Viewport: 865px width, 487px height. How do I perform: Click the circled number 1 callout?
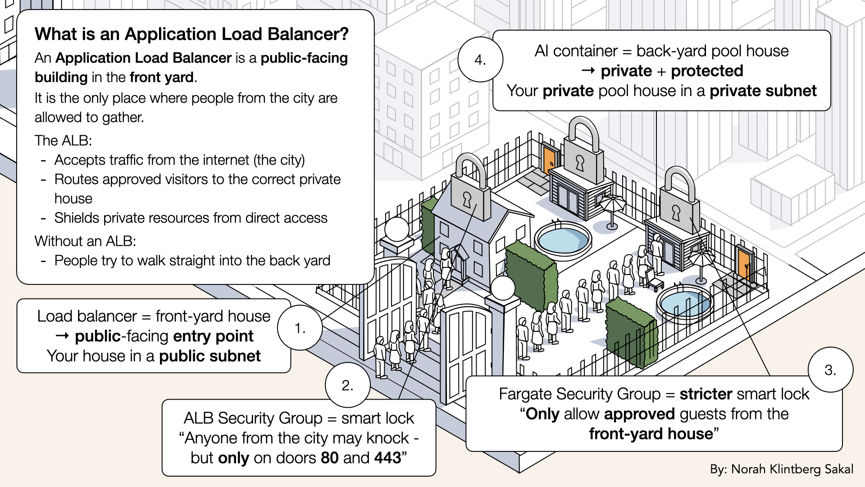click(x=300, y=328)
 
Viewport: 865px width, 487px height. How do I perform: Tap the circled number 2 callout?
click(x=347, y=385)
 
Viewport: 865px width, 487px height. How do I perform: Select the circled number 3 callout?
click(x=830, y=370)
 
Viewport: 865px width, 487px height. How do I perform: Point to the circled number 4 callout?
click(x=480, y=60)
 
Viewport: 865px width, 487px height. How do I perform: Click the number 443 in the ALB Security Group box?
click(x=387, y=458)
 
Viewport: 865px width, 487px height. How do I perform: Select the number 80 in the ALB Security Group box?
click(x=329, y=458)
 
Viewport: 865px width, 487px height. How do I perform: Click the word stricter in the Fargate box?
click(x=706, y=394)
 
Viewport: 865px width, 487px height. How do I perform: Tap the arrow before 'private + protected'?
click(x=588, y=71)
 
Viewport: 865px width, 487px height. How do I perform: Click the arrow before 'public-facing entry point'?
click(x=62, y=336)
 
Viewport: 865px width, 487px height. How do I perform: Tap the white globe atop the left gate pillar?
click(x=396, y=229)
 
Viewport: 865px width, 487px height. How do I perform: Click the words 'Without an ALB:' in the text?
click(x=85, y=241)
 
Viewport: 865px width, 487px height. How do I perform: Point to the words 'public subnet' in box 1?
click(x=209, y=356)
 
